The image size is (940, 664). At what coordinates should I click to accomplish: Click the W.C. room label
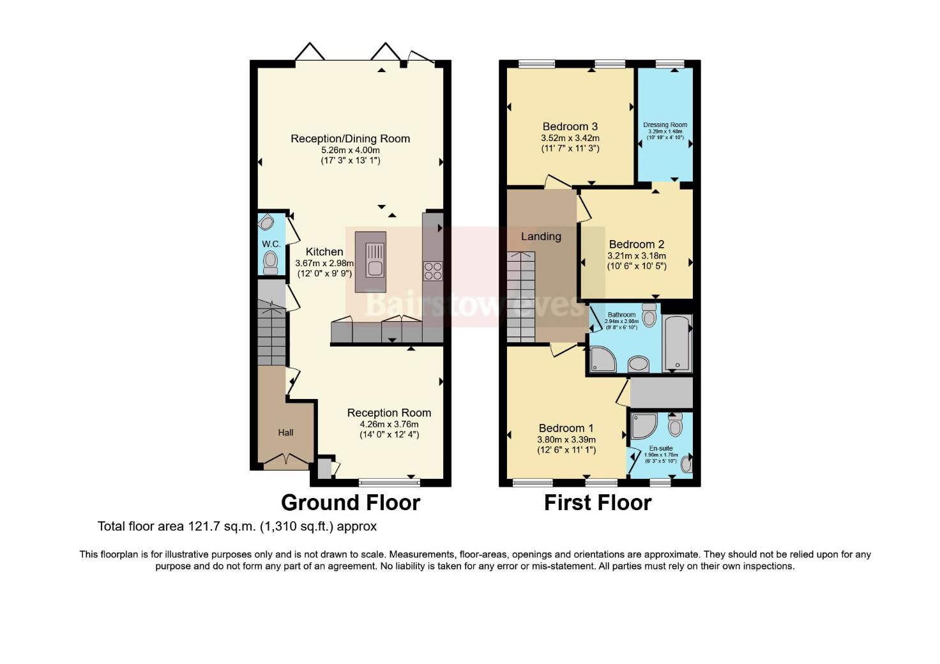click(271, 244)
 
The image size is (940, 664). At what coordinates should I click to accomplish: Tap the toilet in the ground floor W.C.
click(271, 261)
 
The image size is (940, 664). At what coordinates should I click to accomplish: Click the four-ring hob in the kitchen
click(432, 271)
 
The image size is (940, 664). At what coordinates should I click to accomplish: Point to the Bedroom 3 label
click(570, 126)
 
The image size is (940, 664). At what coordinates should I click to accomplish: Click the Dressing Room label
click(665, 125)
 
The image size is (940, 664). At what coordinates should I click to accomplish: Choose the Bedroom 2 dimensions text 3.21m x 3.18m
click(636, 255)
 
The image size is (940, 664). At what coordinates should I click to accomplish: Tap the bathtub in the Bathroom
click(677, 343)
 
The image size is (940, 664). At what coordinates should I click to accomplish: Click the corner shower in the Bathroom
click(603, 359)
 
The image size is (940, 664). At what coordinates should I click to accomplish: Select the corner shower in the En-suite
click(643, 426)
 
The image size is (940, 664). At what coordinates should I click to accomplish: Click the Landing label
click(541, 236)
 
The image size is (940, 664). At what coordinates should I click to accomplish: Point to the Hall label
click(285, 432)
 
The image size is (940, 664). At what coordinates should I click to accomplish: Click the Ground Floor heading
click(350, 502)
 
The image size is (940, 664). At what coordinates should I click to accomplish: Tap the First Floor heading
click(597, 502)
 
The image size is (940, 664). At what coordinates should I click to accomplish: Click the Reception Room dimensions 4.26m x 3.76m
click(388, 424)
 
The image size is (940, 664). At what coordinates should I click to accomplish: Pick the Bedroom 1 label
click(566, 428)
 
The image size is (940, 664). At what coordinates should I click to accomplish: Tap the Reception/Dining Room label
click(350, 139)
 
